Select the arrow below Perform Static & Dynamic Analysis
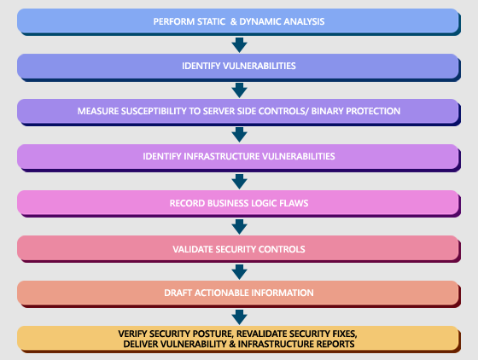tap(239, 44)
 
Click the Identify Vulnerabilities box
tap(239, 66)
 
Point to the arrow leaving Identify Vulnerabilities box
tap(239, 90)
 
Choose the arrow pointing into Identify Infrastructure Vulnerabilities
tap(239, 135)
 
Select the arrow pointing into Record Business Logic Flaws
tap(239, 181)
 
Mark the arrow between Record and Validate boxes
tap(239, 226)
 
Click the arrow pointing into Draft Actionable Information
tap(239, 271)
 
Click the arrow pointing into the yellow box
tap(239, 316)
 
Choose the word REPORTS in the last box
tap(334, 344)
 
